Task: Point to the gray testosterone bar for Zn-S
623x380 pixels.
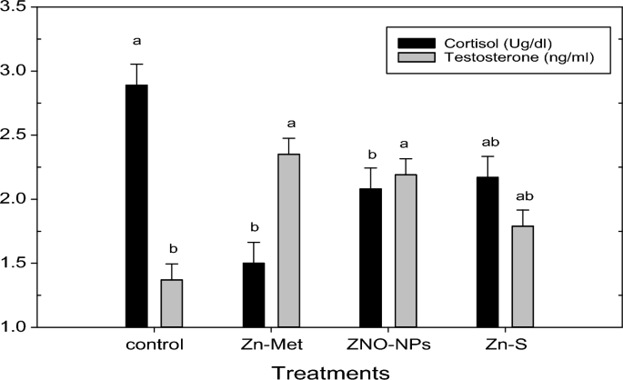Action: [522, 276]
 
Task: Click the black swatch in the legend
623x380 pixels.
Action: [410, 42]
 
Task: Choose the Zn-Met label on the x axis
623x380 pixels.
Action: [271, 345]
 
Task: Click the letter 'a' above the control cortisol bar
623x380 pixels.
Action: [136, 41]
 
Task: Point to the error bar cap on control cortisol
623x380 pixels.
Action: [136, 65]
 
